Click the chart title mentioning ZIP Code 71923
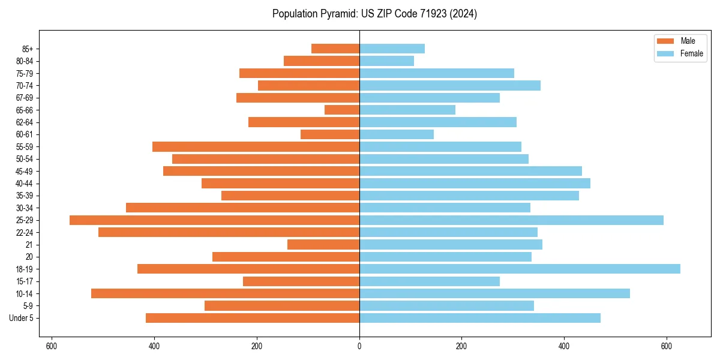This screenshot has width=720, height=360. tap(374, 14)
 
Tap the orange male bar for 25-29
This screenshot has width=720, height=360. tap(214, 220)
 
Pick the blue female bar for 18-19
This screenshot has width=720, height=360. tap(520, 269)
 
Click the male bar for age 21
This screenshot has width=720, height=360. tap(323, 245)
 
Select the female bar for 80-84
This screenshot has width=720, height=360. tap(386, 61)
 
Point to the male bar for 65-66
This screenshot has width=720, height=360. tap(342, 110)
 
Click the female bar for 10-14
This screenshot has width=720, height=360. tap(494, 293)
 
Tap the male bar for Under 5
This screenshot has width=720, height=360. tap(253, 318)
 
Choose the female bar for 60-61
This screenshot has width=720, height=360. tap(397, 134)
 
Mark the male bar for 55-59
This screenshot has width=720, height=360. tap(256, 147)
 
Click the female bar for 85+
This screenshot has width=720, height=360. tap(392, 49)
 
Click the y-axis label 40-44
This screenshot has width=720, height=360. tap(24, 184)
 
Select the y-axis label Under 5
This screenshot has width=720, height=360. tap(21, 318)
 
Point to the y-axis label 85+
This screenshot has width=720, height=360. tap(28, 49)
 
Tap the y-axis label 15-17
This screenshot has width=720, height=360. tap(24, 281)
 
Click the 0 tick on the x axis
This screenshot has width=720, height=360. tap(359, 346)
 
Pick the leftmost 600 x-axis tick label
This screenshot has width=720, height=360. tap(52, 346)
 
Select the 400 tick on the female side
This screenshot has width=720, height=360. tap(564, 346)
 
